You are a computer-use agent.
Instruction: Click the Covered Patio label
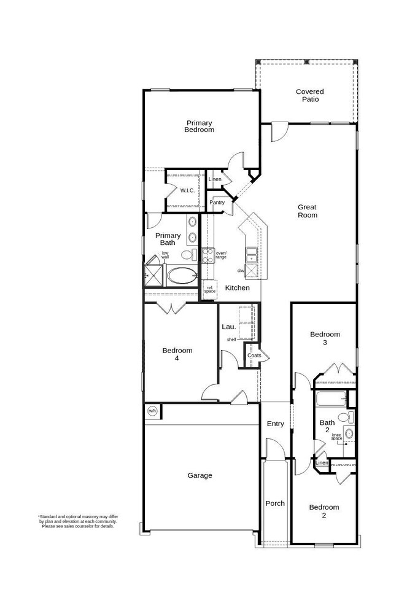click(309, 95)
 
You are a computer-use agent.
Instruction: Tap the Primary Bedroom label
click(199, 126)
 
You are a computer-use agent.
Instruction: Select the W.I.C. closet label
click(187, 190)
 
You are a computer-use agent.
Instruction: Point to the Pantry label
click(217, 203)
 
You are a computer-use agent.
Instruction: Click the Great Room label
click(307, 211)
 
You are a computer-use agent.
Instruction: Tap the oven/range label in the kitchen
click(221, 255)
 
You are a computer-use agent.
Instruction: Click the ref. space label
click(210, 289)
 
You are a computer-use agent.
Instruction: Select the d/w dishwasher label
click(241, 271)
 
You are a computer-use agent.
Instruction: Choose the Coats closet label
click(254, 355)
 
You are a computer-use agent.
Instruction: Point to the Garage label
click(199, 475)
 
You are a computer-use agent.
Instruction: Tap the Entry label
click(275, 424)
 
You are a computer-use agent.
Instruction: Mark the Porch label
click(274, 503)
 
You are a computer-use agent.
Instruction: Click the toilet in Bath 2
click(345, 418)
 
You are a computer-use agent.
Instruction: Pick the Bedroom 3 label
click(324, 338)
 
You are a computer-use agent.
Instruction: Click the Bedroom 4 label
click(177, 354)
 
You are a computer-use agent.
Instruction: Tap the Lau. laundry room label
click(228, 327)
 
